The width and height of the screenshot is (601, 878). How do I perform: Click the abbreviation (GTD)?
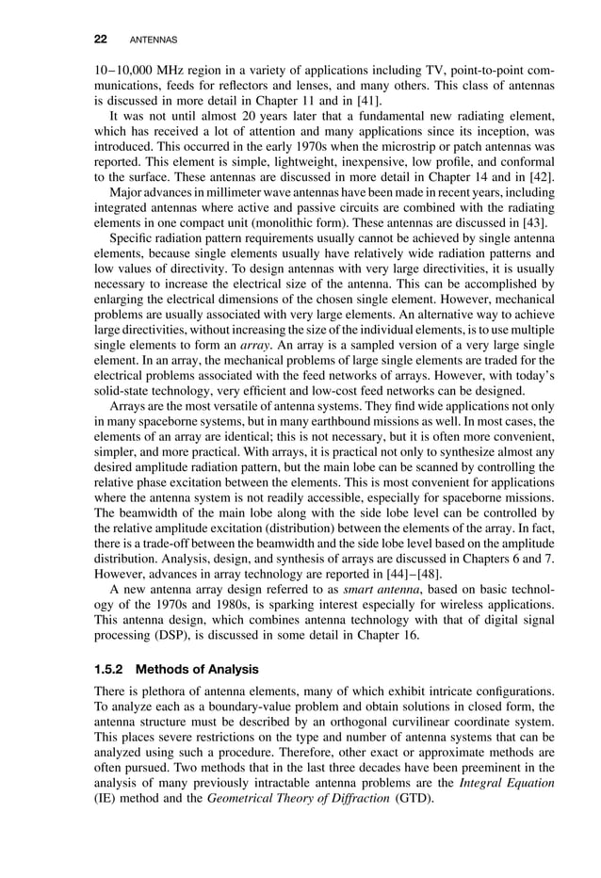[406, 797]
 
